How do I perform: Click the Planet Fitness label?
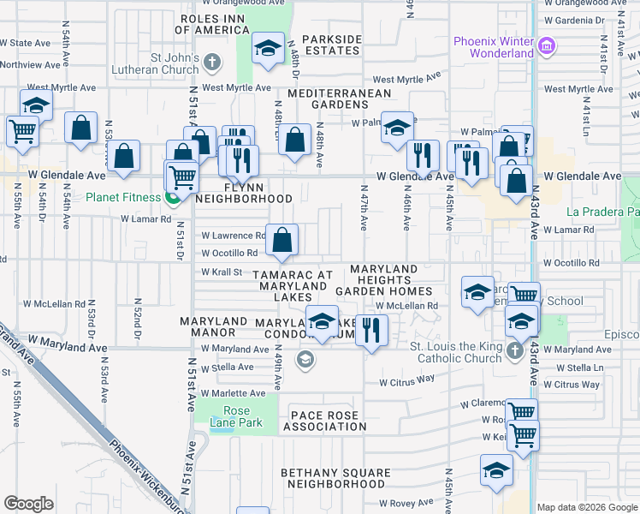(x=123, y=197)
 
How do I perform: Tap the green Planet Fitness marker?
(x=174, y=198)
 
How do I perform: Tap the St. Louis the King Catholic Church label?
(x=454, y=352)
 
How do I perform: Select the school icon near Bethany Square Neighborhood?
(x=496, y=469)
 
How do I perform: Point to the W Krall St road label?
(x=223, y=272)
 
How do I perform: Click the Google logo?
(x=29, y=504)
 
